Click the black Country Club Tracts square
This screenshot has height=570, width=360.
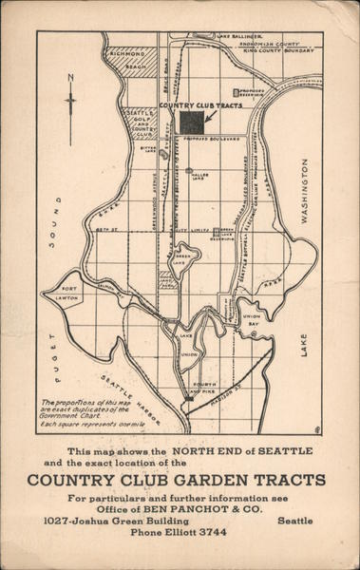[192, 123]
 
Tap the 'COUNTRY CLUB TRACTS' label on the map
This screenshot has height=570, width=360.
[200, 105]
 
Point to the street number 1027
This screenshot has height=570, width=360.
[61, 521]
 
